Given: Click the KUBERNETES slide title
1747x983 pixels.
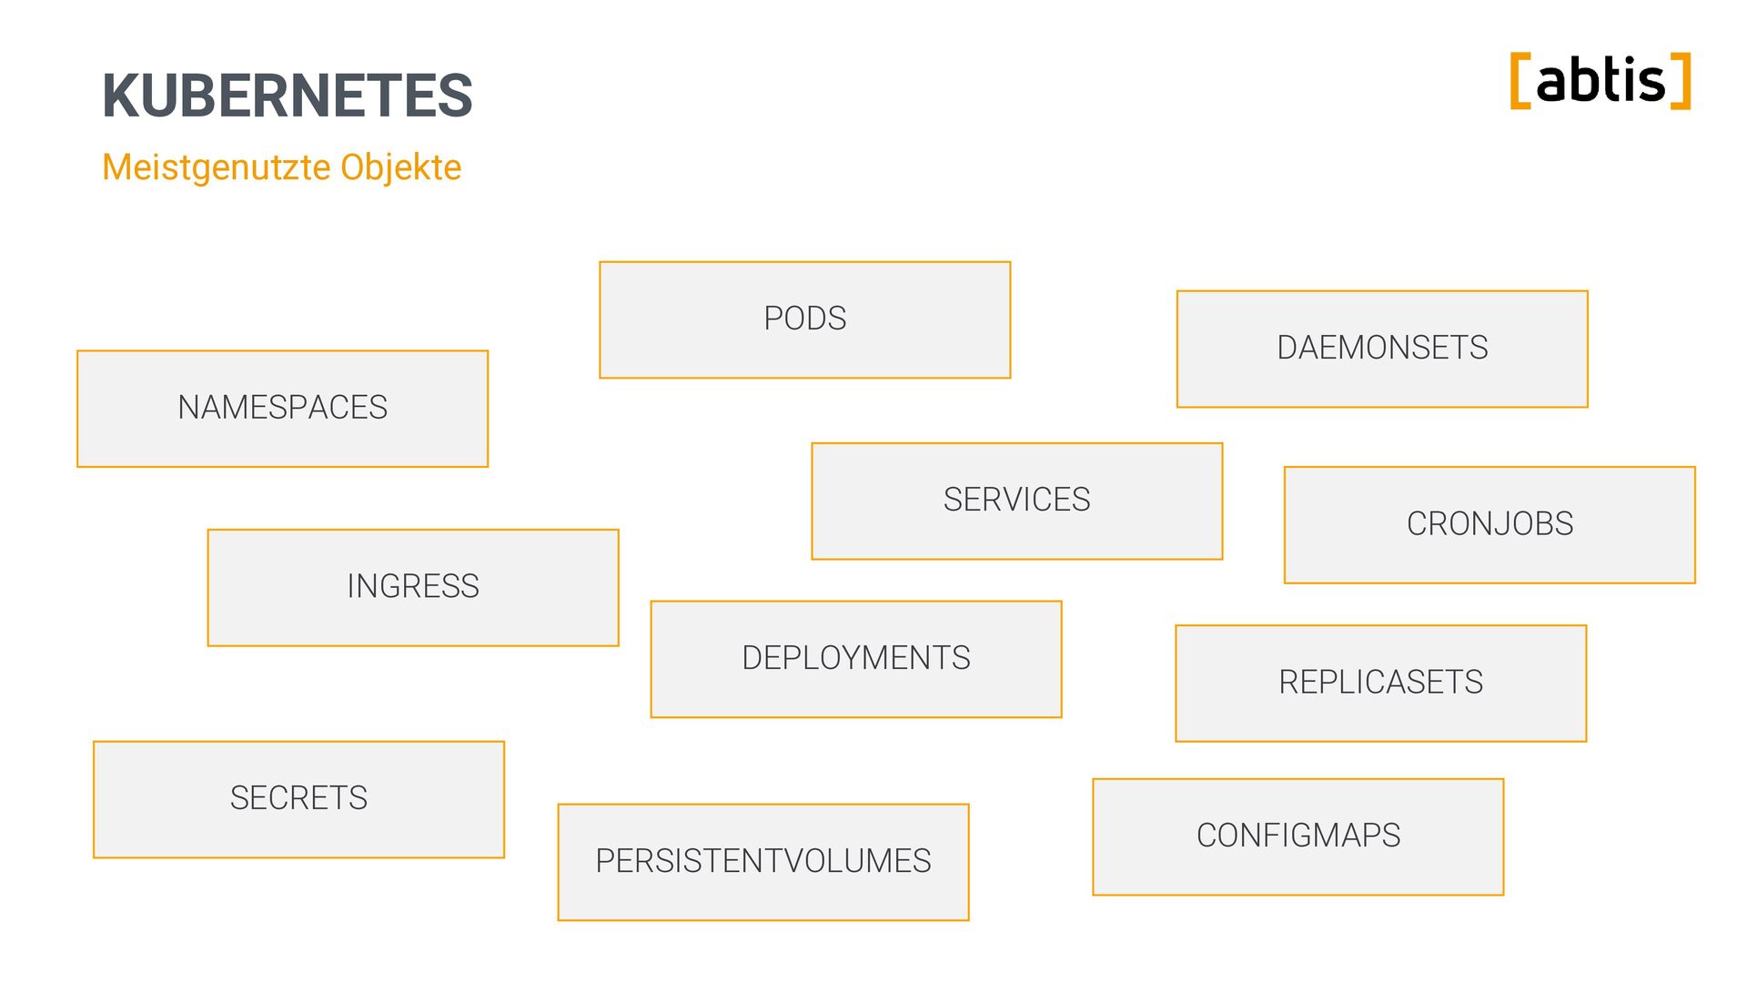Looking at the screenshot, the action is (x=288, y=96).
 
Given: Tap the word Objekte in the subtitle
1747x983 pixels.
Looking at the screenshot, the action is (x=400, y=167).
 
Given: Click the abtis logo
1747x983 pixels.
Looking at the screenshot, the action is (x=1601, y=81).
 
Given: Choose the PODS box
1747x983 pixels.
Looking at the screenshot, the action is (x=804, y=319).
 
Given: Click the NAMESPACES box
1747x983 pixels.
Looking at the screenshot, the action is (x=282, y=409).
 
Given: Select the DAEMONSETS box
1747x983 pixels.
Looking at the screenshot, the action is (x=1381, y=349).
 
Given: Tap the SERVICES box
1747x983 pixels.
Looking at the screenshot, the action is (x=1016, y=501).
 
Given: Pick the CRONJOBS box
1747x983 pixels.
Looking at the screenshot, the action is (x=1489, y=524).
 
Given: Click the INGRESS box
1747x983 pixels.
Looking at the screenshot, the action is (x=413, y=587).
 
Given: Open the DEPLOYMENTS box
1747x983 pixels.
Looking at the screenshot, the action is (x=855, y=659).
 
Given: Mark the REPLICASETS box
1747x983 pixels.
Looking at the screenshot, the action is (x=1380, y=683).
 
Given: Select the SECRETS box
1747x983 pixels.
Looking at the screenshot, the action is (x=298, y=799).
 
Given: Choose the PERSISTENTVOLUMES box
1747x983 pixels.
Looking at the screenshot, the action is (x=762, y=862).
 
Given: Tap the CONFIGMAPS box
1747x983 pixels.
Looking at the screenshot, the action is (x=1298, y=836).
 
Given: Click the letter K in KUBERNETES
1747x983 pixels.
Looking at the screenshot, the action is (x=121, y=96).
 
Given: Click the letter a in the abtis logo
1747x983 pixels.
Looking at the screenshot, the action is (x=1552, y=84).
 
